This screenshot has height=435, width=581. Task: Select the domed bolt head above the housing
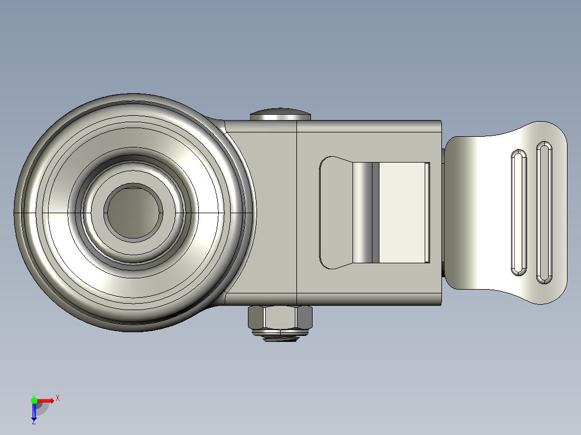(x=280, y=114)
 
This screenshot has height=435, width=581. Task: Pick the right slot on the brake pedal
(x=544, y=212)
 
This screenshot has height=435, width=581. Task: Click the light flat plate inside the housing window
(x=402, y=212)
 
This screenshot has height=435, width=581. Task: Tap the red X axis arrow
(x=46, y=400)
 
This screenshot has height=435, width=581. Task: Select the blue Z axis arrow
(x=34, y=411)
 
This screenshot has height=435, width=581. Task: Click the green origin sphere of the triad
(x=34, y=400)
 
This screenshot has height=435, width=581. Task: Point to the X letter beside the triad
(x=58, y=398)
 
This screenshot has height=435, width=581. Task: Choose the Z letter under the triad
(x=34, y=422)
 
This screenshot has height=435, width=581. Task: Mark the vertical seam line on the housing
(x=298, y=212)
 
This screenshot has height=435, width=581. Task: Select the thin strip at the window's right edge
(x=427, y=212)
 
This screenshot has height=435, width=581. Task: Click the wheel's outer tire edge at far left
(x=17, y=212)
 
